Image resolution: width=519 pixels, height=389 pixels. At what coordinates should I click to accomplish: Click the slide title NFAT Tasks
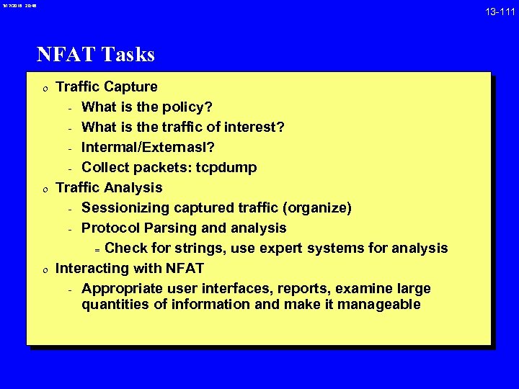[96, 54]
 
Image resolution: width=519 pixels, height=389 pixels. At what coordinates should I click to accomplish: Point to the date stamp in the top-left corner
[17, 6]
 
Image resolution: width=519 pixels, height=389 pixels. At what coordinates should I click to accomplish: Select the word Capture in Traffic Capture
[130, 87]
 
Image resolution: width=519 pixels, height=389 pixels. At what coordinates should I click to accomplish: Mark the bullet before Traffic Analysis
[45, 189]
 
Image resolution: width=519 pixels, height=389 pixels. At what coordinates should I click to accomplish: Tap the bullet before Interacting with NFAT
[45, 269]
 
